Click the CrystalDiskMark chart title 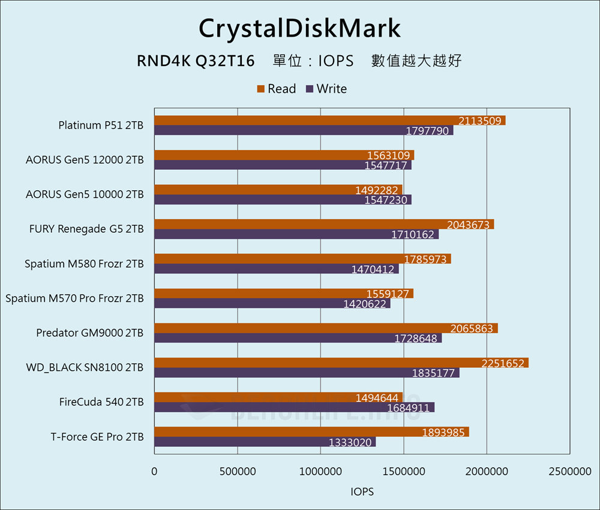pyautogui.click(x=299, y=28)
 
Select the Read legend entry pyautogui.click(x=277, y=89)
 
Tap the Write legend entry pyautogui.click(x=326, y=89)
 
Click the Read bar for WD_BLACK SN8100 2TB pyautogui.click(x=341, y=363)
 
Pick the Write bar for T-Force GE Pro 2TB pyautogui.click(x=265, y=442)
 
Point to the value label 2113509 pyautogui.click(x=480, y=121)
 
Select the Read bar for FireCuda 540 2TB pyautogui.click(x=278, y=397)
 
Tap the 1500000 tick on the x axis pyautogui.click(x=403, y=472)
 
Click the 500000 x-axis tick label pyautogui.click(x=238, y=472)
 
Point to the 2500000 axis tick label pyautogui.click(x=569, y=472)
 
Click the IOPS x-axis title pyautogui.click(x=362, y=492)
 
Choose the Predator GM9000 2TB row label pyautogui.click(x=90, y=332)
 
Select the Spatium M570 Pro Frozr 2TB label pyautogui.click(x=74, y=298)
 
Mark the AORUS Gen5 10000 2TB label pyautogui.click(x=85, y=194)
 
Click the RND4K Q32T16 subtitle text pyautogui.click(x=196, y=61)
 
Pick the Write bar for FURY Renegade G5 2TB pyautogui.click(x=296, y=235)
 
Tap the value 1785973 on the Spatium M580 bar pyautogui.click(x=425, y=259)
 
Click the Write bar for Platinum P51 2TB pyautogui.click(x=304, y=131)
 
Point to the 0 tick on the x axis pyautogui.click(x=155, y=472)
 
